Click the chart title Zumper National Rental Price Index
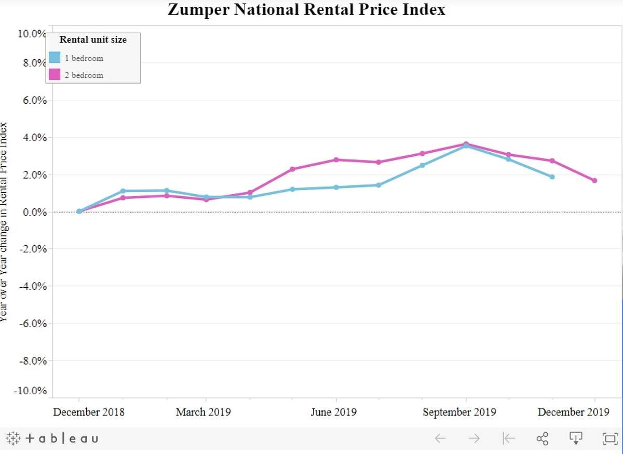click(x=306, y=9)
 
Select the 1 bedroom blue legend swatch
click(x=55, y=58)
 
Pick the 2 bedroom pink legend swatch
click(x=55, y=75)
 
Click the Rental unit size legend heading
click(x=93, y=39)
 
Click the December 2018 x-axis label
click(x=89, y=412)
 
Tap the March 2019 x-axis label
click(x=203, y=412)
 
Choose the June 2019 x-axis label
click(x=333, y=412)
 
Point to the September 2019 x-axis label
click(x=459, y=412)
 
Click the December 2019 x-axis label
click(x=573, y=412)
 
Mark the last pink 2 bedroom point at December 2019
click(x=594, y=181)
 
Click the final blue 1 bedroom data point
click(x=552, y=177)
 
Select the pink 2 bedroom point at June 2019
click(x=336, y=160)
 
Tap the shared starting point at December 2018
click(x=79, y=211)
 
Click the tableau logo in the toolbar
click(x=52, y=438)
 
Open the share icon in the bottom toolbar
click(x=542, y=438)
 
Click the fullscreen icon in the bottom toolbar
click(x=608, y=438)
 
